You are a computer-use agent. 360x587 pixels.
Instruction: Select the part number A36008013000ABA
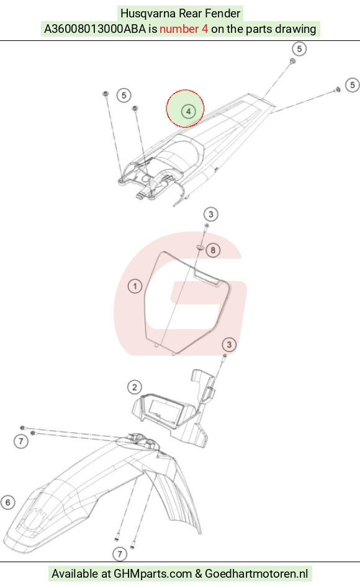[x=95, y=29]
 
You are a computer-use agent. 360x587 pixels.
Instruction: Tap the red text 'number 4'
[x=184, y=29]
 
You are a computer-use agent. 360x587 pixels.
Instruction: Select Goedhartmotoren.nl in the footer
[x=256, y=573]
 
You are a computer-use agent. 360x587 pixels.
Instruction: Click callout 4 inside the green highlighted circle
[x=188, y=111]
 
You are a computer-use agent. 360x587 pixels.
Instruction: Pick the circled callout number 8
[x=213, y=250]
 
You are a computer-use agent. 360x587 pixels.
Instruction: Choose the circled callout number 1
[x=135, y=287]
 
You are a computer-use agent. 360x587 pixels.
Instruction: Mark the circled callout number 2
[x=135, y=387]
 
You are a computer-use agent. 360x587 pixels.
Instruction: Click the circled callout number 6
[x=8, y=502]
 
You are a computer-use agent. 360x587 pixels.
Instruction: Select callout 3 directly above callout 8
[x=211, y=214]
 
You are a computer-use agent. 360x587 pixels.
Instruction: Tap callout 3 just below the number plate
[x=229, y=344]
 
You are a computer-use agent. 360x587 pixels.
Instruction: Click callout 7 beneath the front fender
[x=120, y=553]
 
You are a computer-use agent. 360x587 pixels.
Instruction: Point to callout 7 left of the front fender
[x=21, y=441]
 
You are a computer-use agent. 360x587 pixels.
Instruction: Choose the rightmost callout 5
[x=352, y=85]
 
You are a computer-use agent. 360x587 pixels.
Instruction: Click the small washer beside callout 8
[x=200, y=248]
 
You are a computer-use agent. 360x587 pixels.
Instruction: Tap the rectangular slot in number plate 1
[x=207, y=279]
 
